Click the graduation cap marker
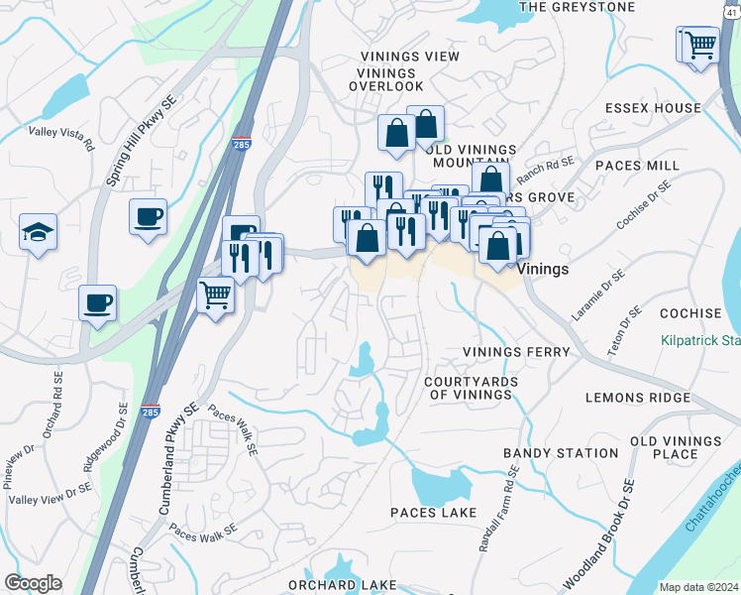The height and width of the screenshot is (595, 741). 38,233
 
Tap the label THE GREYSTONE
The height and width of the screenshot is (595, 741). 576,7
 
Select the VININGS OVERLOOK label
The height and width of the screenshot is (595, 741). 386,79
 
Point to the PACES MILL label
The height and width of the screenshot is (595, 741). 636,165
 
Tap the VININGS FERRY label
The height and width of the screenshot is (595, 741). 516,352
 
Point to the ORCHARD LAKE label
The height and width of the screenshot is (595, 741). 342,585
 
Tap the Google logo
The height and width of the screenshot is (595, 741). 33,583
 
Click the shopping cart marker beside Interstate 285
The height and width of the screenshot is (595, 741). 215,294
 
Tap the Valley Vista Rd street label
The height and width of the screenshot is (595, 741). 61,137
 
